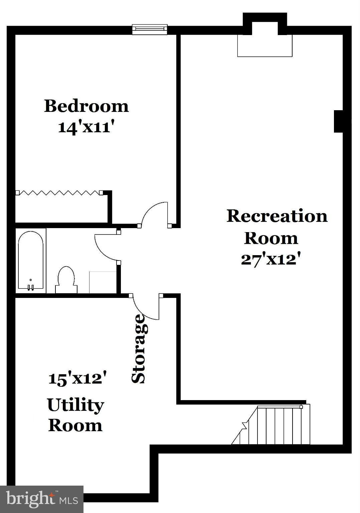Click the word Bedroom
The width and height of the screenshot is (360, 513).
point(86,106)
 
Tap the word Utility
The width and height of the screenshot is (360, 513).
point(75,405)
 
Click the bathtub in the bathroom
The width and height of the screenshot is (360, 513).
point(30,261)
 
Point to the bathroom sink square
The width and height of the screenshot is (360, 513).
point(103,282)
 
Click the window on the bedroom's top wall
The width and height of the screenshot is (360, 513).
point(149,29)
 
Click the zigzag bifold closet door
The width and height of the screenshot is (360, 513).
point(59,193)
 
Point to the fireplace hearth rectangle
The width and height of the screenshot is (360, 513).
point(264,45)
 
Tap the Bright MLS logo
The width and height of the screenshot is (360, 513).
point(41,499)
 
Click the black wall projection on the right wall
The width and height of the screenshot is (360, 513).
point(339,121)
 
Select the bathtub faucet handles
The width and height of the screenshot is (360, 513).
point(31,287)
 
